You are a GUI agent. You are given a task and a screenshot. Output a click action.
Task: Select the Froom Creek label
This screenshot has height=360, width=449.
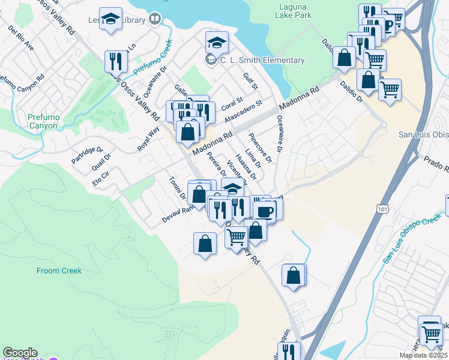point(59,271)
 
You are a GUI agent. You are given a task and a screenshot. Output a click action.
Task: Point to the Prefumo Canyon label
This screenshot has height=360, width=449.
point(42,122)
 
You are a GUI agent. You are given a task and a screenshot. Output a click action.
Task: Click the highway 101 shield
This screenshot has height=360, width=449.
point(382,208)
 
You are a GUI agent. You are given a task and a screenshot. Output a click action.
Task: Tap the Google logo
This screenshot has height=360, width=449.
point(19,353)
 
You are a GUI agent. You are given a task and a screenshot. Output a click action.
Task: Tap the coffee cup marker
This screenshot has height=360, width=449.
point(264,211)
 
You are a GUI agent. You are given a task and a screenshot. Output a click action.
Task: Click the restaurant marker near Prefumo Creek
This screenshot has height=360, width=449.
point(114,61)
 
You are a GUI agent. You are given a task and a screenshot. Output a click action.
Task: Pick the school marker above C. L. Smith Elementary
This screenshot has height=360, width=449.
point(216,42)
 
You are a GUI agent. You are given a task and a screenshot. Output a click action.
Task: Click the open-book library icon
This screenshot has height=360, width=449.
point(155,20)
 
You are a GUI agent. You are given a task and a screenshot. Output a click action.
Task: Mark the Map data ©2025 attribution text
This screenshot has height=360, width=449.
point(423,355)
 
